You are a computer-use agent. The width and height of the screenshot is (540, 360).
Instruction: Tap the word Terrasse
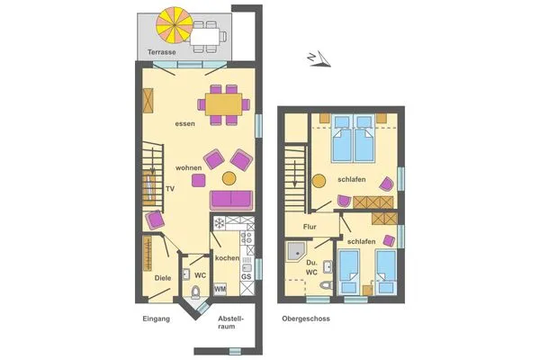click(156, 54)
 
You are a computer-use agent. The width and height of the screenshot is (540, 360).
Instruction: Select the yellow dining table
click(225, 103)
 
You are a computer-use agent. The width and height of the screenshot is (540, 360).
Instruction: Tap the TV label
click(169, 188)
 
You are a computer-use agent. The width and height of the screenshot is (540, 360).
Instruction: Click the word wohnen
click(189, 168)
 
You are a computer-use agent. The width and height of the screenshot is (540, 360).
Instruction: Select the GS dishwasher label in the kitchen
click(246, 277)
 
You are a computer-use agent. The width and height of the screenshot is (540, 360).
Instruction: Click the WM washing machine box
click(220, 288)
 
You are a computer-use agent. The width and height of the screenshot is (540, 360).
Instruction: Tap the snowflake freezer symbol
click(219, 222)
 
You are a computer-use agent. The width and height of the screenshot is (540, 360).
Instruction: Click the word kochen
click(227, 258)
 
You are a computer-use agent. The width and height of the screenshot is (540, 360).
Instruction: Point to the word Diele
click(163, 278)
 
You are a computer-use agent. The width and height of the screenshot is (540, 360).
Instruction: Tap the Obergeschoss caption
click(305, 319)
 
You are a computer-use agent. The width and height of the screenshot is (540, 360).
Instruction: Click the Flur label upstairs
click(310, 227)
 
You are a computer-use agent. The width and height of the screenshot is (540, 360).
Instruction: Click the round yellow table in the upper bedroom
click(319, 180)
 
